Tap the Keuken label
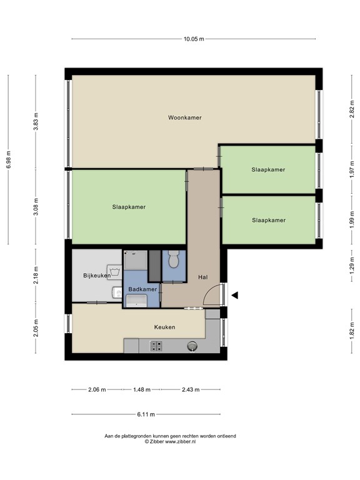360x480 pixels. [165, 327]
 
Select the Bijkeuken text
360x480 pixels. [97, 275]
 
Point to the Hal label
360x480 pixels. [202, 277]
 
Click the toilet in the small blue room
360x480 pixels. [174, 259]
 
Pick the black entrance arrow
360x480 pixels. [234, 296]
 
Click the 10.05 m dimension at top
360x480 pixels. [194, 39]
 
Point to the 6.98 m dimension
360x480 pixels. [9, 160]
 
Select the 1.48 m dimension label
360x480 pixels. [142, 389]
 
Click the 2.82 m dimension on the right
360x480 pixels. [352, 110]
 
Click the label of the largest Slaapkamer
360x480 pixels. [129, 207]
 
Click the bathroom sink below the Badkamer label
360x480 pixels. [136, 301]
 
